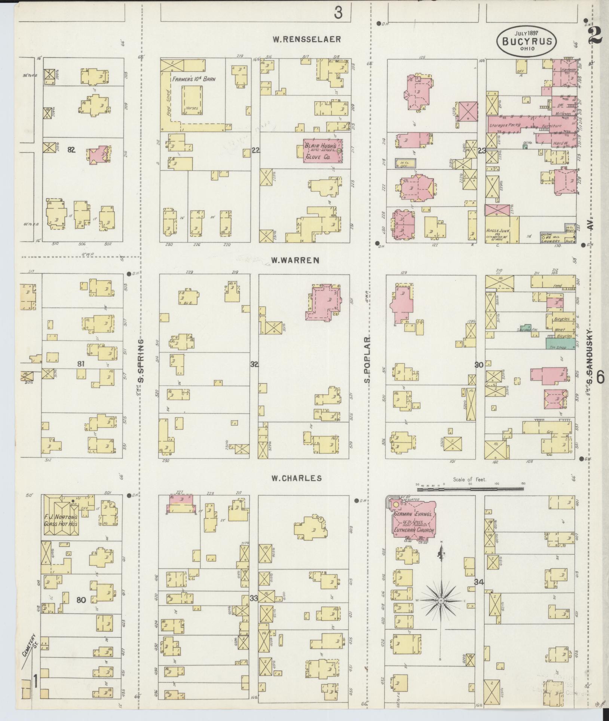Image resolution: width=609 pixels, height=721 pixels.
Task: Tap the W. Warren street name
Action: [295, 260]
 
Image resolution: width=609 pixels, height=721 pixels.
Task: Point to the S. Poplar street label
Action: [368, 360]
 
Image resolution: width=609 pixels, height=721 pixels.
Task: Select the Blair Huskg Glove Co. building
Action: [322, 151]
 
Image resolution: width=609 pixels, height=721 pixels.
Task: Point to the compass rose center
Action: [441, 601]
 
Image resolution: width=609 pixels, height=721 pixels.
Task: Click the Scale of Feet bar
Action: [470, 489]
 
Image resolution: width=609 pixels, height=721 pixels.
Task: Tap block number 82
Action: [71, 150]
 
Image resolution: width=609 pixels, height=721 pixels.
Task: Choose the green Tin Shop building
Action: [560, 344]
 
